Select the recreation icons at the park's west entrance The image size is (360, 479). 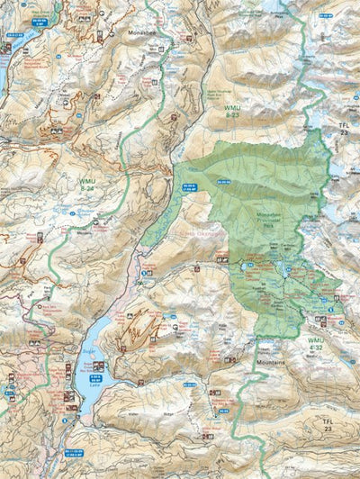[x=221, y=259]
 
